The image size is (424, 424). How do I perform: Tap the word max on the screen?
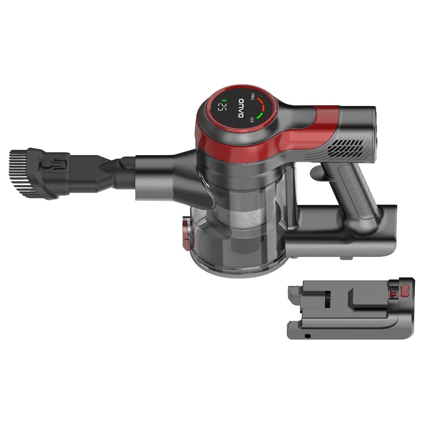coord(253,96)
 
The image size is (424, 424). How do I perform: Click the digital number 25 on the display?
coord(224,108)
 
